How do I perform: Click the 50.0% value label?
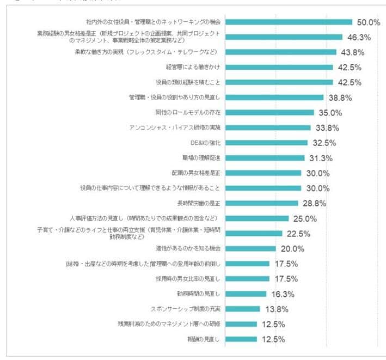(x=368, y=22)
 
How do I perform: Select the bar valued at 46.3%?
(x=283, y=37)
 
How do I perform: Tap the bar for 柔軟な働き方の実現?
(x=280, y=52)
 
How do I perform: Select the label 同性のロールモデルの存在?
(x=187, y=113)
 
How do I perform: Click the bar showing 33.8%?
(x=267, y=128)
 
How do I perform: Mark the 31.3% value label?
(x=320, y=158)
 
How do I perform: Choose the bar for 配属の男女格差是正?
(x=263, y=173)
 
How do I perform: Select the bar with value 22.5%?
(x=254, y=233)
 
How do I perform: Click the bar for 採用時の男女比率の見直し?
(x=247, y=278)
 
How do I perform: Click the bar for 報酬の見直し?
(x=241, y=339)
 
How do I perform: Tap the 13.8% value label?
(x=275, y=309)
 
